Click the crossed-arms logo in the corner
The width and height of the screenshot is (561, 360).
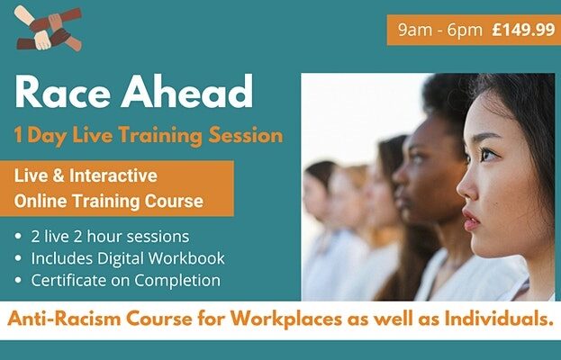pos(49,28)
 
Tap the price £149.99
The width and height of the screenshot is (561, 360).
pos(523,30)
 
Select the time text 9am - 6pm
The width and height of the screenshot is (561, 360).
pos(440,31)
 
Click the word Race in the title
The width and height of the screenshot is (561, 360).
pos(63,92)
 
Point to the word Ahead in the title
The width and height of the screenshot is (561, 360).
pos(186,91)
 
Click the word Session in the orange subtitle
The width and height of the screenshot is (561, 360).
pos(246,136)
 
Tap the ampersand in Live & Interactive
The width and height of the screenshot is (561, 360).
pos(59,175)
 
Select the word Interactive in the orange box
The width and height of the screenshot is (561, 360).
pos(113,175)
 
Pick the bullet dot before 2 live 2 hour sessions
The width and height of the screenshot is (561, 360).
pos(18,237)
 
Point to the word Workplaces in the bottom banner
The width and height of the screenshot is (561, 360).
pos(285,319)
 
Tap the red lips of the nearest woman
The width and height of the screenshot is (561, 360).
pos(470,219)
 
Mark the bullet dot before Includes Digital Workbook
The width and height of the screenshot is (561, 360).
pos(18,258)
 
